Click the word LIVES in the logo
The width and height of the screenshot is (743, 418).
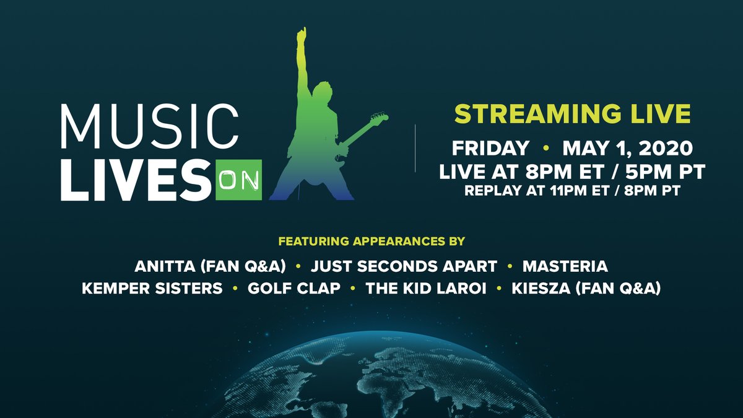coord(136,181)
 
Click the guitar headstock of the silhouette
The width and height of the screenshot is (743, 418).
coord(380,118)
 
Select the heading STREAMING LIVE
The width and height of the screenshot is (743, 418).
coord(573,115)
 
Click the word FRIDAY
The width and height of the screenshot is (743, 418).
coord(491,149)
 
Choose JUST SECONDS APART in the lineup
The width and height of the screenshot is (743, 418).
coord(404,267)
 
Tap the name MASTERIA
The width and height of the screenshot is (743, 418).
coord(565,267)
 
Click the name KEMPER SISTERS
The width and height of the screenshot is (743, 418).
coord(152,289)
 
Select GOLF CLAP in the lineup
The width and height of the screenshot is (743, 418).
coord(293,289)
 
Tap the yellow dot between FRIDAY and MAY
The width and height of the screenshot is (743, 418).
coord(546,149)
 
